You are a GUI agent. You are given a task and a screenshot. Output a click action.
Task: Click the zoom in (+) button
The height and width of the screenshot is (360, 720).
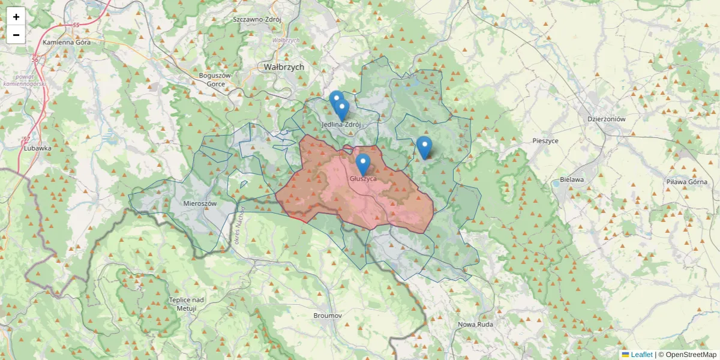point(16,17)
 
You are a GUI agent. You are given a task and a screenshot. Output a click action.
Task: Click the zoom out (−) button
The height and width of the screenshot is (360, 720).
point(16,35)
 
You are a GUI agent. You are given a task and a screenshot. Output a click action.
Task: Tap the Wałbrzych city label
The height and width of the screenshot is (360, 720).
point(284,67)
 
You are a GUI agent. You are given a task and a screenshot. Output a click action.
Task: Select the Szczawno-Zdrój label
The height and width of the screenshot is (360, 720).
point(257,19)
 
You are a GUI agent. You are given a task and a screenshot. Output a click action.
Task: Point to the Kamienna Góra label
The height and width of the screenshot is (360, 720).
point(67,43)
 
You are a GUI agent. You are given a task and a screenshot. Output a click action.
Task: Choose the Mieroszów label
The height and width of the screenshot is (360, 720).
point(200,203)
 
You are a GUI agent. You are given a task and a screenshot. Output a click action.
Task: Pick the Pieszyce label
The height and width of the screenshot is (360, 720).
point(545,140)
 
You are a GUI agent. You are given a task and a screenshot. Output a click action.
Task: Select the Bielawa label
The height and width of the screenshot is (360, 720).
point(572,179)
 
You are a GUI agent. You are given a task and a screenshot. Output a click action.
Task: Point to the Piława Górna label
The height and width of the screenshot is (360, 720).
point(687,181)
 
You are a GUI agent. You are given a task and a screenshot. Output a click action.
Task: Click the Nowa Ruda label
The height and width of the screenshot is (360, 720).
point(475,325)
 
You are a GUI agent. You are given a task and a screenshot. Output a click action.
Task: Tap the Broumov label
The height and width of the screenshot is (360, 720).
point(328,315)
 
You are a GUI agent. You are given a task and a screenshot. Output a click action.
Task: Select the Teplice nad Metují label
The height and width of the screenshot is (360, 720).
point(187,304)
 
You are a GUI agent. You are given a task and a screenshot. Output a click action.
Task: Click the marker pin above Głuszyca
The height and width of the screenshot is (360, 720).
point(363,163)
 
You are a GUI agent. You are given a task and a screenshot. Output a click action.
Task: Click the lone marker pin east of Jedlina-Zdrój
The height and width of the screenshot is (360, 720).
point(424,146)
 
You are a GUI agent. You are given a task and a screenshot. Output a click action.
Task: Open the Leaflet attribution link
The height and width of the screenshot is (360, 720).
point(641,355)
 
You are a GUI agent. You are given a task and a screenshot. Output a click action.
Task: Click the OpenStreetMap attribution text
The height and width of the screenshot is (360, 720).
point(691,355)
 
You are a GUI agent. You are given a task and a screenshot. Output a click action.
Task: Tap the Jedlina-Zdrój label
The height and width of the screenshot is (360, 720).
point(341,125)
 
